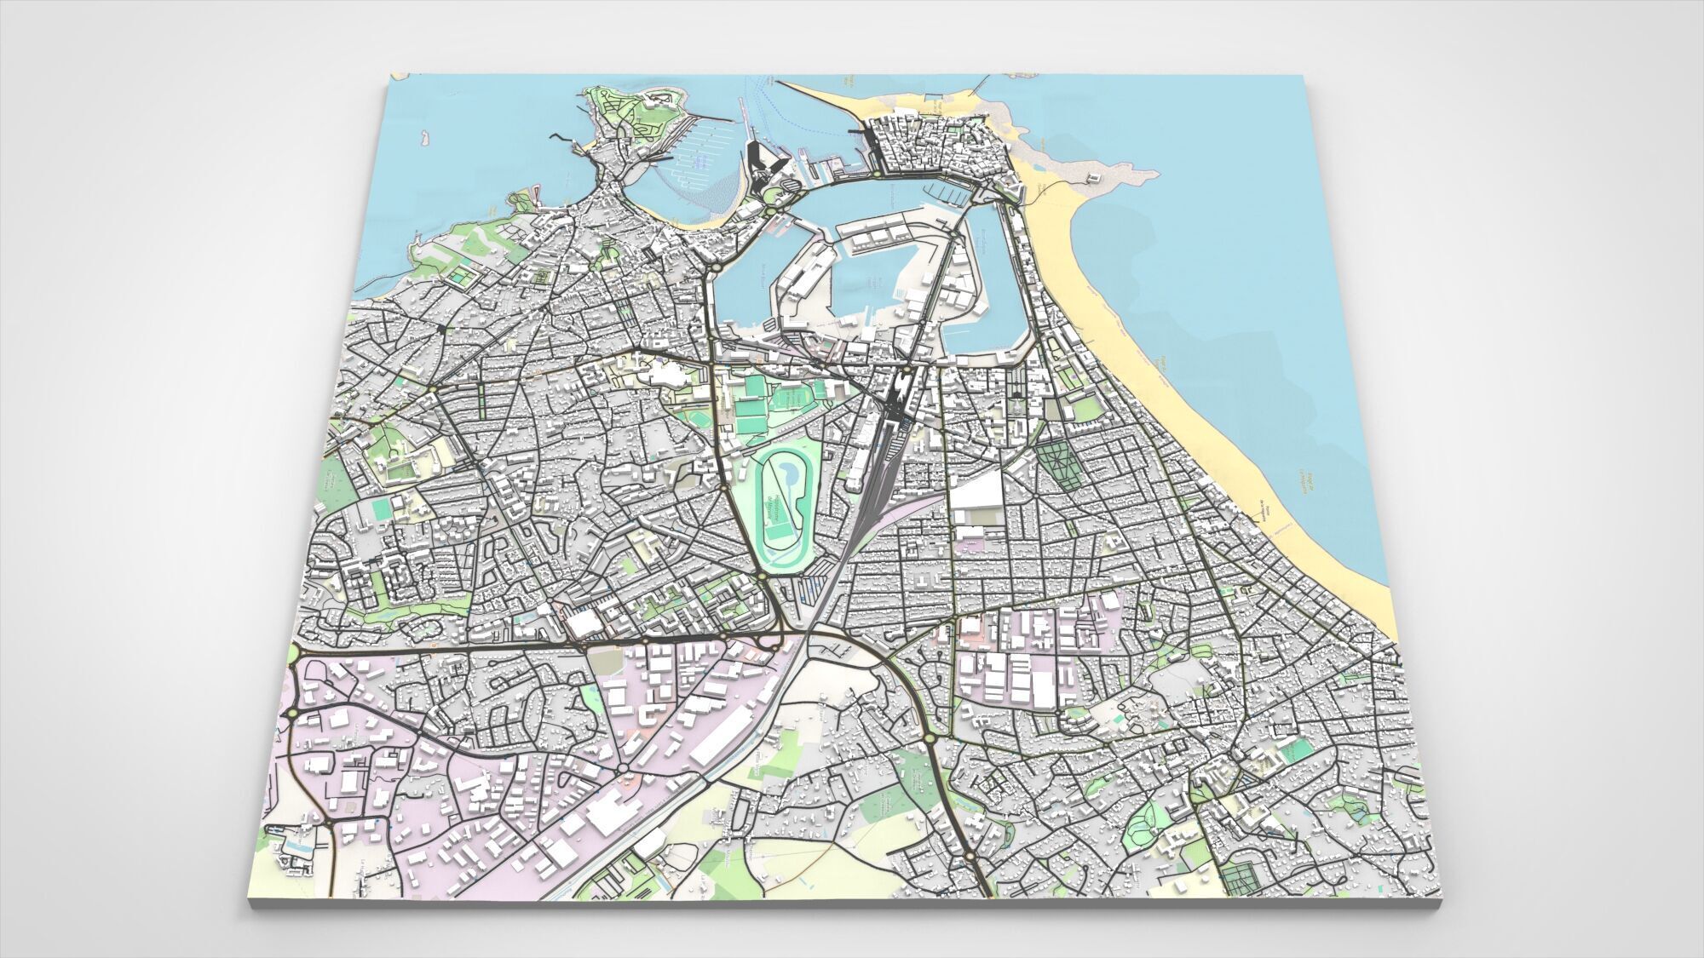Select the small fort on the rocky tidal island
pyautogui.click(x=1092, y=177)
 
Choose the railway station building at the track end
pyautogui.click(x=897, y=391)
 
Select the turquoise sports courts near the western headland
pyautogui.click(x=460, y=277)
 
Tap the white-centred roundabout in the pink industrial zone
pyautogui.click(x=624, y=769)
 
